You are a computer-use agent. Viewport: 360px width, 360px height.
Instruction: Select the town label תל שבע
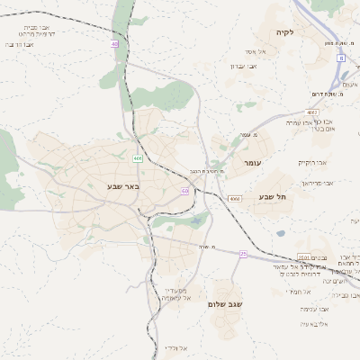point(267,197)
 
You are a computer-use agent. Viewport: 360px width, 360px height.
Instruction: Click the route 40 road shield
point(115,43)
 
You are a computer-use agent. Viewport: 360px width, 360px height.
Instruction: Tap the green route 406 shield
point(138,158)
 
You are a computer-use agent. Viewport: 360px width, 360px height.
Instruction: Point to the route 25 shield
point(243,255)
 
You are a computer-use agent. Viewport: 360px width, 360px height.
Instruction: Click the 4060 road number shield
point(234,198)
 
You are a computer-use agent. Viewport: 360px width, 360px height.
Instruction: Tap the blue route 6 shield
point(341,58)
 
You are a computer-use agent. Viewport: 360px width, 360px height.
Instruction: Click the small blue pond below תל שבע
point(281,233)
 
